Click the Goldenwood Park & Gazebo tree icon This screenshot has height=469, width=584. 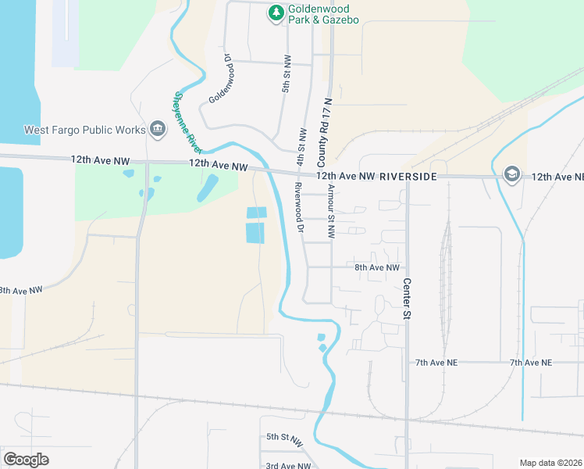276,13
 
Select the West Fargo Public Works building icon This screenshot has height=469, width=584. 158,129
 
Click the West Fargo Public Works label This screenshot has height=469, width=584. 84,130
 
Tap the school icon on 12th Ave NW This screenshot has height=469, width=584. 512,174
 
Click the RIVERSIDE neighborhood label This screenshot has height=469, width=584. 408,177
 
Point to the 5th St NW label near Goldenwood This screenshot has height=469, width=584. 287,74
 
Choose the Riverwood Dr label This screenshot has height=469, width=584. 298,207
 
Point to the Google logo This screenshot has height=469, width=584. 27,460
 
